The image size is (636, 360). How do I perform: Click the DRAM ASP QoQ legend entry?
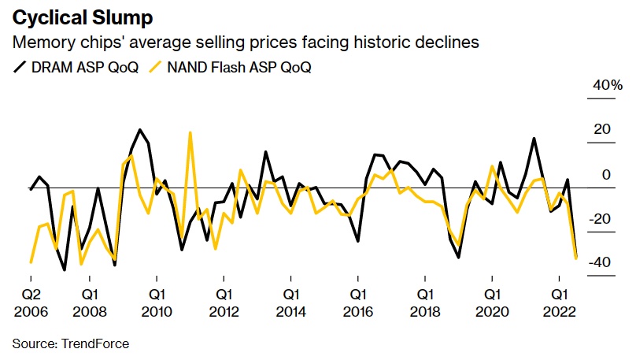click(76, 67)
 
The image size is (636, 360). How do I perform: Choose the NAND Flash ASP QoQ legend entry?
click(234, 67)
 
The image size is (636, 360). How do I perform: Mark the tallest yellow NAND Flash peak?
click(190, 132)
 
